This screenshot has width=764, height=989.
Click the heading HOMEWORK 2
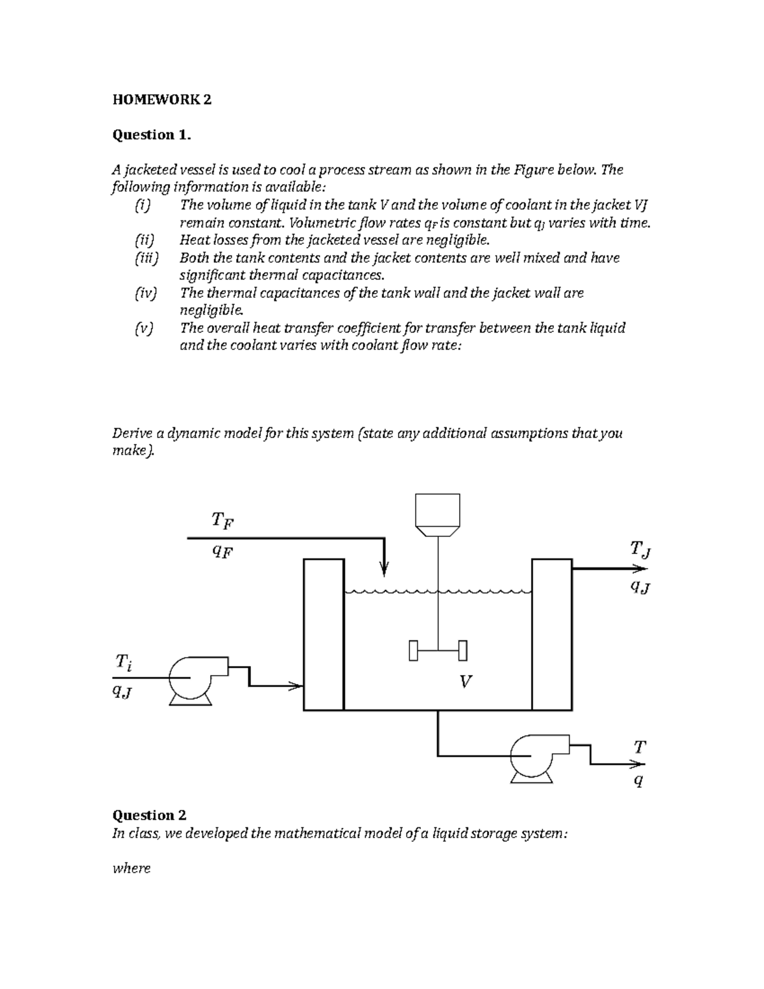[x=162, y=99]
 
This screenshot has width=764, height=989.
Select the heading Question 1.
[x=152, y=134]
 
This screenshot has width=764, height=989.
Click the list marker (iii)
[x=146, y=258]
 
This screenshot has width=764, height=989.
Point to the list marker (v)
[x=144, y=328]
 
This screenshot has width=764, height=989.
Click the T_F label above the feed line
[x=222, y=521]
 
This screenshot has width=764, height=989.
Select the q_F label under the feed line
[x=222, y=551]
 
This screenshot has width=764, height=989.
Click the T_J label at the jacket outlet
[x=640, y=548]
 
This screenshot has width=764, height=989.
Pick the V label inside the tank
[x=465, y=682]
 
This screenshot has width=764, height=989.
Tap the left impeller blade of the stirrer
[x=414, y=650]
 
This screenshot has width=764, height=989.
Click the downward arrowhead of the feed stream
[x=384, y=568]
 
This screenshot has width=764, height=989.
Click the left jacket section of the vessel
[x=324, y=634]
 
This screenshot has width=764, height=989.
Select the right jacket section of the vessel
[x=551, y=634]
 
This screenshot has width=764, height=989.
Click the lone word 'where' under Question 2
[x=131, y=868]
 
